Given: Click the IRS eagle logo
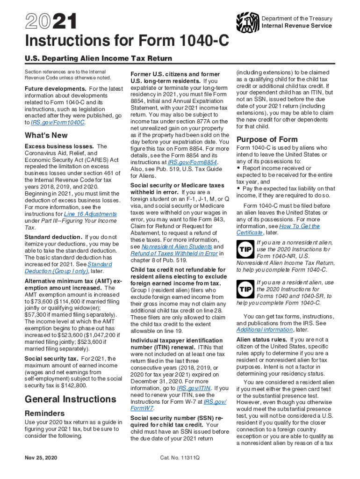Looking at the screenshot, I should click(x=247, y=22).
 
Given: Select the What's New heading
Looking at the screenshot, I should click(x=46, y=136).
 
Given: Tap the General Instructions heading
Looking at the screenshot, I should click(x=70, y=399).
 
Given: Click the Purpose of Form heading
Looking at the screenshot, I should click(x=267, y=139).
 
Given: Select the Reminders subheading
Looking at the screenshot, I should click(x=45, y=414).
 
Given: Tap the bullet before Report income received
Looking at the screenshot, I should click(x=239, y=168).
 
